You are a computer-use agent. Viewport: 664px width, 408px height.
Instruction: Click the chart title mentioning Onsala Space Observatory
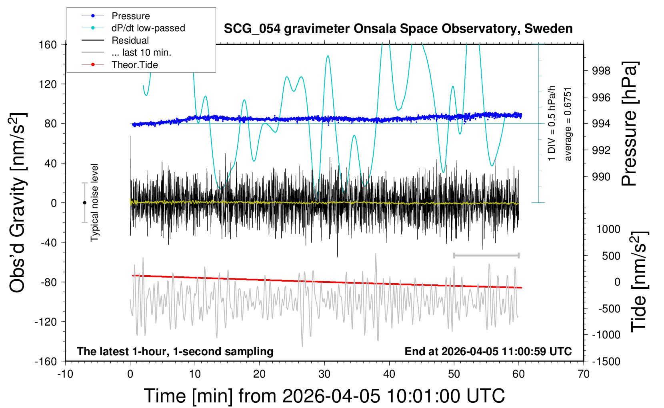(x=398, y=29)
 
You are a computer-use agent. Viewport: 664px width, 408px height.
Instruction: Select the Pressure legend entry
(x=130, y=16)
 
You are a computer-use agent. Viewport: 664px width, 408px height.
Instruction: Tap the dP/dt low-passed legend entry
(x=148, y=28)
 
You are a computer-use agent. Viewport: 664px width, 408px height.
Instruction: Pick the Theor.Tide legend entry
(x=134, y=65)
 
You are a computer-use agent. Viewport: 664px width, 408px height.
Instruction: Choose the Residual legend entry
(x=130, y=40)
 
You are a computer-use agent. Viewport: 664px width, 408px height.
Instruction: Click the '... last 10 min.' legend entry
(x=141, y=52)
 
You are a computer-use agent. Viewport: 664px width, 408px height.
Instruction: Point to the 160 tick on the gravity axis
(x=48, y=44)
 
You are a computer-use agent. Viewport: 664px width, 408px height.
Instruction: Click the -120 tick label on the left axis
(x=46, y=322)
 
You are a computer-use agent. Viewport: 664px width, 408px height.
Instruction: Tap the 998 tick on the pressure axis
(x=601, y=71)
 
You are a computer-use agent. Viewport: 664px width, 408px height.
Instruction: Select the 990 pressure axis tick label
(x=601, y=176)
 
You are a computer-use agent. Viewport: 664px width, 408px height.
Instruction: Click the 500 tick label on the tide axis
(x=611, y=256)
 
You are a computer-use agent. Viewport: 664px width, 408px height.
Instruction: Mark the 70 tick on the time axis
(x=584, y=374)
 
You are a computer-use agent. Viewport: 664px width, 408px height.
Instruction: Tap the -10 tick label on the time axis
(x=65, y=374)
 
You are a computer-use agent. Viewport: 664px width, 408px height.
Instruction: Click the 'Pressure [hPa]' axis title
(x=629, y=124)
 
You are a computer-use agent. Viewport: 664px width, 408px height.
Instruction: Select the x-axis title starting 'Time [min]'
(x=324, y=396)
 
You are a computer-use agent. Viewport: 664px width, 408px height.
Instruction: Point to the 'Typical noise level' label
(x=94, y=202)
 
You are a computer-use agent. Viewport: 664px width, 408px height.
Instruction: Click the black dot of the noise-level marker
(x=84, y=203)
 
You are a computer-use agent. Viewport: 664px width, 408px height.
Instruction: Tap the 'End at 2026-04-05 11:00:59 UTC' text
(x=488, y=351)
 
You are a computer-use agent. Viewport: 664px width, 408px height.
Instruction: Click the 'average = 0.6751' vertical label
(x=568, y=124)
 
